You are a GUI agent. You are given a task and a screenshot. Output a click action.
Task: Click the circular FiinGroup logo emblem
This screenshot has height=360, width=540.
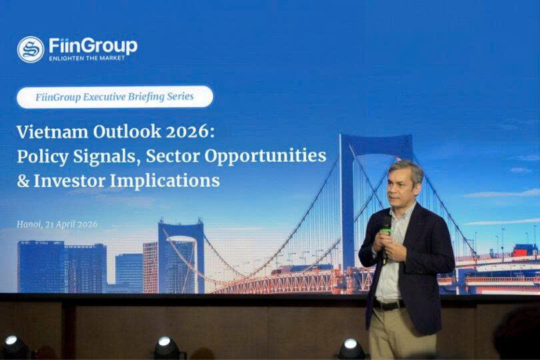[x=31, y=49]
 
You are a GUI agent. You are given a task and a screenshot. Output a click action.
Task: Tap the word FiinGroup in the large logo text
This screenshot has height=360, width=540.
[x=93, y=46]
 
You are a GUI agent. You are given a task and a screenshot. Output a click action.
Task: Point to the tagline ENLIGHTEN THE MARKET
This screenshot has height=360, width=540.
[x=87, y=58]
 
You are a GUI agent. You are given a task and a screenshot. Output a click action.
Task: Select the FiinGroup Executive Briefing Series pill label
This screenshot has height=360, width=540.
[x=115, y=97]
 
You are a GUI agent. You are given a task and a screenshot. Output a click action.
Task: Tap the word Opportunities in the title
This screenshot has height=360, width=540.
[x=265, y=157]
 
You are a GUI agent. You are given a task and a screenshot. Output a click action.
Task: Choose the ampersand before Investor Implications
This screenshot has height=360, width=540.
[x=23, y=181]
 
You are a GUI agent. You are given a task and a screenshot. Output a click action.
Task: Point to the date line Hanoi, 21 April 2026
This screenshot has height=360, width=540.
[x=57, y=224]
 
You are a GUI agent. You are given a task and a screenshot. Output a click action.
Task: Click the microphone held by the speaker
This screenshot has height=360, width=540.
[x=386, y=239]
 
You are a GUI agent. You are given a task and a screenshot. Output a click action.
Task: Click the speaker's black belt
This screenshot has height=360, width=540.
[x=389, y=305]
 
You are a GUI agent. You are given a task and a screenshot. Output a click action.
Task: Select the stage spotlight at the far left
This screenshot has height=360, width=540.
[x=15, y=347]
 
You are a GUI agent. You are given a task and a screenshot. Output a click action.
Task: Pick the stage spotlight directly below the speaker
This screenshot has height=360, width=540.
[x=351, y=349]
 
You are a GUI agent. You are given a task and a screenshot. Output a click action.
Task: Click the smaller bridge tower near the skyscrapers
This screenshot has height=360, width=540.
[x=181, y=256]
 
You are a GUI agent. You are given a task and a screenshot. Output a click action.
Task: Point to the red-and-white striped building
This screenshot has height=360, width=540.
[x=150, y=267]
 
